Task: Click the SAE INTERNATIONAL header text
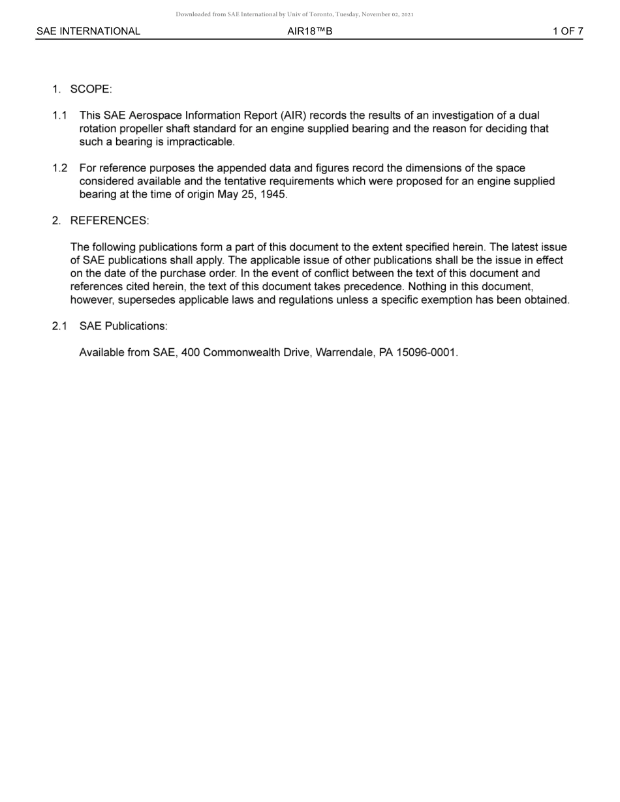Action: (88, 31)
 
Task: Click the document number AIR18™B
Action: (309, 31)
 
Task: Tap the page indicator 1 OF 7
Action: (568, 31)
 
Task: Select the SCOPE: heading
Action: (91, 89)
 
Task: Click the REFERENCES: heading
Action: (109, 220)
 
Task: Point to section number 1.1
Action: (59, 115)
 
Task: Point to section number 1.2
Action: (59, 168)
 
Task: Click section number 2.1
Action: (59, 326)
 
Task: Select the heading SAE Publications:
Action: (123, 326)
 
